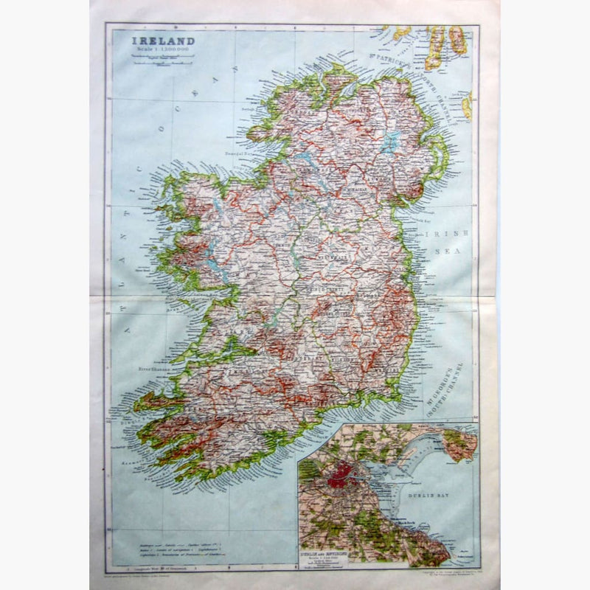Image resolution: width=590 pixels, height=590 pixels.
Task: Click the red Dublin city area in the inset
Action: (x=341, y=474)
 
